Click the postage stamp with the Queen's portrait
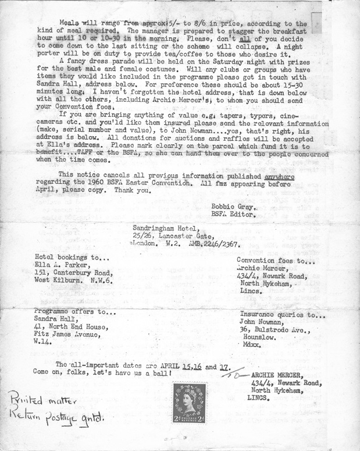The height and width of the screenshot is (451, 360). click(x=188, y=402)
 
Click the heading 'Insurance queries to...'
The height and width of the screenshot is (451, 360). click(x=282, y=315)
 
